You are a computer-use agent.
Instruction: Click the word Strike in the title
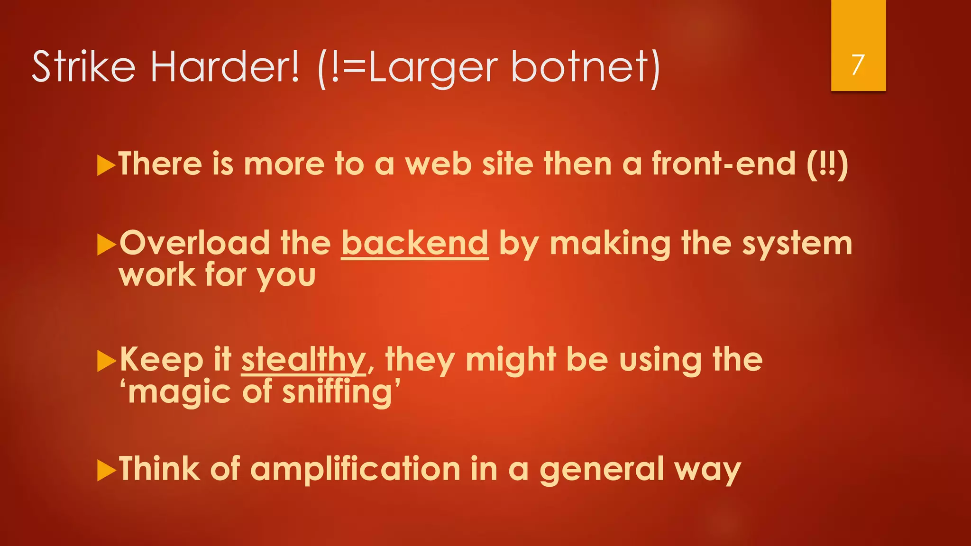(x=83, y=66)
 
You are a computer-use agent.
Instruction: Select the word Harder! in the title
(x=225, y=66)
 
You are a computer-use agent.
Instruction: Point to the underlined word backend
(x=414, y=244)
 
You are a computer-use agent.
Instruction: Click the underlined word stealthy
(x=303, y=360)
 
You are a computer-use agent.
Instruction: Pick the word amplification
(x=355, y=469)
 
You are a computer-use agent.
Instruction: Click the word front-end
(x=724, y=164)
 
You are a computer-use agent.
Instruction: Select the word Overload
(x=194, y=244)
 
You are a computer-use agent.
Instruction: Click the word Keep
(x=162, y=360)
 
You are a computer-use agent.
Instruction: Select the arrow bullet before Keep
(x=106, y=362)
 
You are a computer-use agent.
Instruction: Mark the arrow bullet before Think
(x=106, y=471)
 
